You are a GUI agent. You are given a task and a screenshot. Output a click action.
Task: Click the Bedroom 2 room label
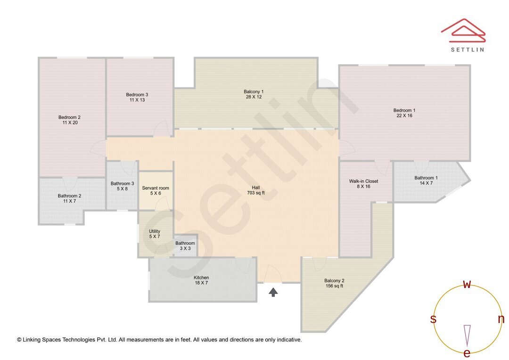pyautogui.click(x=69, y=117)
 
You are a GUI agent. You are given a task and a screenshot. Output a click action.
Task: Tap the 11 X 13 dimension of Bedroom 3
pyautogui.click(x=137, y=100)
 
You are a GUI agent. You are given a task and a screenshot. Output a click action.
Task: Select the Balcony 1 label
pyautogui.click(x=254, y=91)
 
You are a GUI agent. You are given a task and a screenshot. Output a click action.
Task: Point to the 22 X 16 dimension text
pyautogui.click(x=404, y=115)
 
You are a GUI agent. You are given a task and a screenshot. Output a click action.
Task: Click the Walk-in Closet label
pyautogui.click(x=363, y=181)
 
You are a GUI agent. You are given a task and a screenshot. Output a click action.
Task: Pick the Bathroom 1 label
pyautogui.click(x=426, y=178)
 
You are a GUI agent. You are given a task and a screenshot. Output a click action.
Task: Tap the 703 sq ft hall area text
pyautogui.click(x=255, y=193)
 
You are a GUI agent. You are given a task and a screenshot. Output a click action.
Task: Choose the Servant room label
pyautogui.click(x=156, y=188)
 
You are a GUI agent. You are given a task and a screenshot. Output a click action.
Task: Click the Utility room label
pyautogui.click(x=155, y=231)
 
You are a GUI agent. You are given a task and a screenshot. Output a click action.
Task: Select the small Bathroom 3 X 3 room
pyautogui.click(x=185, y=245)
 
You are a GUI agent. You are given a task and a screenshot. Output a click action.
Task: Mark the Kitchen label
pyautogui.click(x=201, y=278)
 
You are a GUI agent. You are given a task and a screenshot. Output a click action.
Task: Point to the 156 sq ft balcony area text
pyautogui.click(x=334, y=286)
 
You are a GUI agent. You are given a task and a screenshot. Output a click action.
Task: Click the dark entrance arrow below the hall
pyautogui.click(x=273, y=292)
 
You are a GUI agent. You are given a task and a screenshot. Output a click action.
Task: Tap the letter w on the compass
pyautogui.click(x=467, y=284)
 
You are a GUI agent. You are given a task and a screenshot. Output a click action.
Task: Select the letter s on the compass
pyautogui.click(x=433, y=319)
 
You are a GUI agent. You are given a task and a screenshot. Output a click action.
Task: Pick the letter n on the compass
pyautogui.click(x=501, y=319)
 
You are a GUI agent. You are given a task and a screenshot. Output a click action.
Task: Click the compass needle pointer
pyautogui.click(x=467, y=335)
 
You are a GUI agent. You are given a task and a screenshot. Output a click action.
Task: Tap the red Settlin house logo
pyautogui.click(x=463, y=29)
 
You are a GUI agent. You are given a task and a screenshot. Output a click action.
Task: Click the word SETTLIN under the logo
pyautogui.click(x=468, y=49)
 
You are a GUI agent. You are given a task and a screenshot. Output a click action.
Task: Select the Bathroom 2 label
pyautogui.click(x=69, y=196)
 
